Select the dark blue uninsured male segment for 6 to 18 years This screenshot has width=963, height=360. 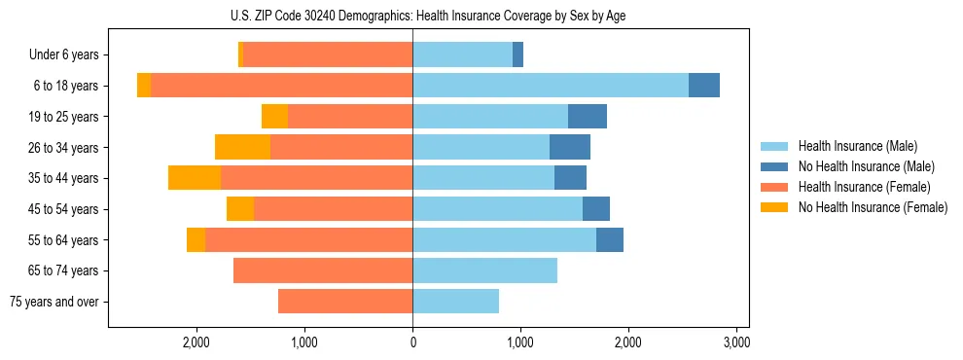(x=703, y=86)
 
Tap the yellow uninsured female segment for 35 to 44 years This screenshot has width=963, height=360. (x=195, y=178)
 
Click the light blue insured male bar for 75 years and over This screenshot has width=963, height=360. (x=455, y=302)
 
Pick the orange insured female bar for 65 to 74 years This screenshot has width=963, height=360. (x=323, y=270)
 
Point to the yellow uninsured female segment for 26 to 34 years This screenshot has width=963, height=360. (x=242, y=147)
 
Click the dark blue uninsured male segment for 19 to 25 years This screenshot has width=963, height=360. (x=588, y=117)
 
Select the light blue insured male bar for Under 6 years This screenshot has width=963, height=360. (x=462, y=54)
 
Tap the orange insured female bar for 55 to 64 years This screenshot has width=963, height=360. (x=308, y=239)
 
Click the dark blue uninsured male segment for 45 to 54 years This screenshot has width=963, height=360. (x=596, y=209)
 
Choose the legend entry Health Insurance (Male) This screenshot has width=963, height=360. (x=857, y=146)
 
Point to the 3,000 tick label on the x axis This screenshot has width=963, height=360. (x=736, y=342)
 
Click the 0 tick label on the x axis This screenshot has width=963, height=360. (x=412, y=342)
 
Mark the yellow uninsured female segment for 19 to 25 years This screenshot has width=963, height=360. (x=274, y=117)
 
